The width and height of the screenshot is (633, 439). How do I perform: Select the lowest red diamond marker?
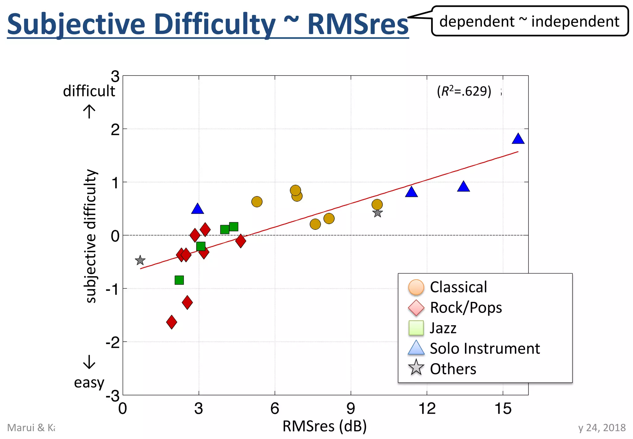click(172, 322)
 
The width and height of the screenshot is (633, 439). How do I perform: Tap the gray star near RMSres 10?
click(377, 213)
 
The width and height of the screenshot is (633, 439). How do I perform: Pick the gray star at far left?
click(140, 260)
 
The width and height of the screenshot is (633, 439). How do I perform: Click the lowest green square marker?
click(179, 280)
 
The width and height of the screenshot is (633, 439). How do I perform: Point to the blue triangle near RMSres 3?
click(198, 209)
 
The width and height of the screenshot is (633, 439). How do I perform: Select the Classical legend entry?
click(458, 287)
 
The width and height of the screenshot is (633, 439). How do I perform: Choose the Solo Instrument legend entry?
click(484, 349)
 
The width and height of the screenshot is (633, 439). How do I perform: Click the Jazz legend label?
click(443, 328)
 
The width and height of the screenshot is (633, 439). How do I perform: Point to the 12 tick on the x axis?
click(427, 409)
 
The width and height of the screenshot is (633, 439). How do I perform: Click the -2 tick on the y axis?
click(113, 342)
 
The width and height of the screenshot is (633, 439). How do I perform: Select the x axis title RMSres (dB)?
click(325, 426)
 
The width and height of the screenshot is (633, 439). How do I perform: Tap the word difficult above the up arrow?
click(89, 91)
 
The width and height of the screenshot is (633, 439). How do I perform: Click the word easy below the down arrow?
click(89, 383)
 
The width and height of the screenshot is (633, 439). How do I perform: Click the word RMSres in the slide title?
click(358, 24)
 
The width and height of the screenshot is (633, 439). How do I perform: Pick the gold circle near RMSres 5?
click(257, 202)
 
